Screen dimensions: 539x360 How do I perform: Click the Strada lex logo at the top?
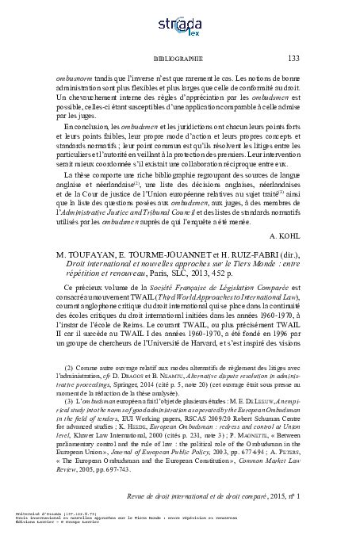click(x=180, y=24)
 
